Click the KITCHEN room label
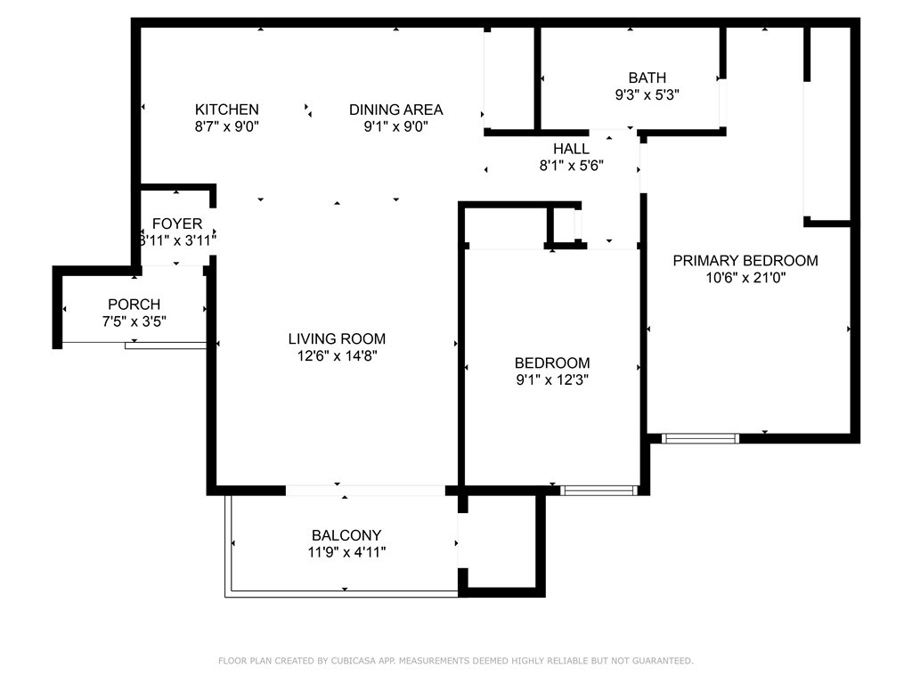[x=227, y=110]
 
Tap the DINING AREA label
[x=395, y=110]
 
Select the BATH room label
[x=647, y=77]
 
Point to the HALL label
[x=571, y=149]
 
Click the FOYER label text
[x=177, y=224]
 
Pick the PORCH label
[x=134, y=305]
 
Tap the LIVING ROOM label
[x=337, y=338]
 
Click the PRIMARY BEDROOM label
[x=745, y=261]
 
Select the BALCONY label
[x=346, y=535]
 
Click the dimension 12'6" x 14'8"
[x=337, y=355]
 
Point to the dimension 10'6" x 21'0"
[x=745, y=277]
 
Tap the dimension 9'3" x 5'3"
[x=647, y=94]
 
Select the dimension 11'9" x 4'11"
[x=346, y=551]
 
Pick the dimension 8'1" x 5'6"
[x=571, y=165]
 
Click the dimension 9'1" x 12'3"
[x=552, y=379]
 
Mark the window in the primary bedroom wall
[x=701, y=438]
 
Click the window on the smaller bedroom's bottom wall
[x=599, y=490]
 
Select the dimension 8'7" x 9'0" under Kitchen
[x=227, y=126]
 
